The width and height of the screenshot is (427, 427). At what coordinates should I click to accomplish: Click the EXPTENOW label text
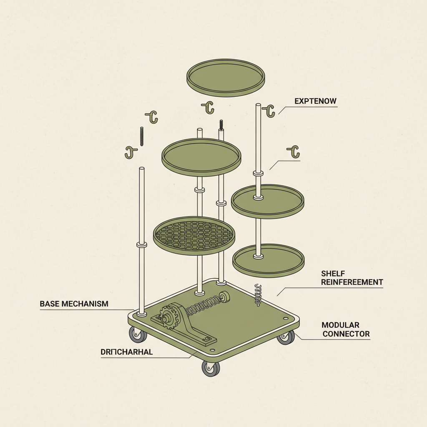click(315, 101)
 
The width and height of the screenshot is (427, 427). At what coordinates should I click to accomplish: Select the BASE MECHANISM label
click(74, 304)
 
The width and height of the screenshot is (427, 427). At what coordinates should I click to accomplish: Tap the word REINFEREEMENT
click(352, 282)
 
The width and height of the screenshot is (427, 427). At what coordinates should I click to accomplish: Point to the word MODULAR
click(340, 325)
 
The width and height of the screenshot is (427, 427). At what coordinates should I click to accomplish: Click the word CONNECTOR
click(346, 334)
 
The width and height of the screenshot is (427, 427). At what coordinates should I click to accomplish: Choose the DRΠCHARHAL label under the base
click(126, 352)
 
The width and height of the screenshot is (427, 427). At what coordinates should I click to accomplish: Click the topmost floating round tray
click(226, 78)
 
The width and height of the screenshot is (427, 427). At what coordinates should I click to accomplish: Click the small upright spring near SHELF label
click(258, 294)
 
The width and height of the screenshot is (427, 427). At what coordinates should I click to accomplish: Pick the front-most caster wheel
click(211, 368)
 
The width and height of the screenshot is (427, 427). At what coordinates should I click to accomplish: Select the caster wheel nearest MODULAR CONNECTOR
click(286, 337)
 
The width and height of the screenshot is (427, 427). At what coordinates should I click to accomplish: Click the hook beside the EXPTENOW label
click(269, 111)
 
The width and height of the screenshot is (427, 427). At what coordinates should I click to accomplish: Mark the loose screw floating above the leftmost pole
click(142, 136)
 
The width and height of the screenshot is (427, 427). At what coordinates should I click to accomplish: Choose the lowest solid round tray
click(268, 261)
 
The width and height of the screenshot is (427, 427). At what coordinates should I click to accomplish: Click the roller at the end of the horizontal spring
click(226, 297)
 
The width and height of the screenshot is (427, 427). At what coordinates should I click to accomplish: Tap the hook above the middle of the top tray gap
click(208, 107)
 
